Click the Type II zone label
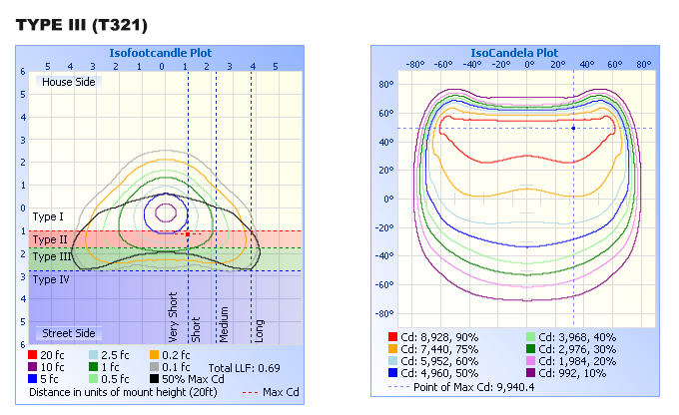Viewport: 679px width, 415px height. pyautogui.click(x=49, y=239)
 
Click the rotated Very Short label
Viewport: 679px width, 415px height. pyautogui.click(x=174, y=318)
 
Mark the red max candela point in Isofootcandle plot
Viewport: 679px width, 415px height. pyautogui.click(x=187, y=234)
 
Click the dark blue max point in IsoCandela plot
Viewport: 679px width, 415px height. pyautogui.click(x=573, y=128)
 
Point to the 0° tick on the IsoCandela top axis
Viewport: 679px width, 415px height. pyautogui.click(x=530, y=64)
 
